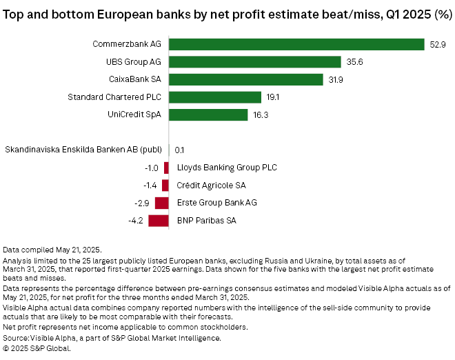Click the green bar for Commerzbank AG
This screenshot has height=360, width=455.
point(296,44)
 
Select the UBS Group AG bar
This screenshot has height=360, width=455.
point(255,62)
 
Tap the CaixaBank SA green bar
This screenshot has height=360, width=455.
point(246,79)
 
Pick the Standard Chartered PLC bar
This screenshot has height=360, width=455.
point(215,97)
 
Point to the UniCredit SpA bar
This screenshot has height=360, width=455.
point(208,114)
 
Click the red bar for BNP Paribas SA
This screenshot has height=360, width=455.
point(159,221)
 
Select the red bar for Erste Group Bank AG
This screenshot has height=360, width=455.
point(162,203)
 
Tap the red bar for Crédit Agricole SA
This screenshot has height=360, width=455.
point(165,186)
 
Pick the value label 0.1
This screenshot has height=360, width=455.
point(179,150)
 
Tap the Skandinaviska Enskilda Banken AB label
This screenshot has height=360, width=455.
point(84,150)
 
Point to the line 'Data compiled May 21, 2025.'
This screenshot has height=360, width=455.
point(52,248)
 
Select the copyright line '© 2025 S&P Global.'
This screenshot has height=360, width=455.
point(37,348)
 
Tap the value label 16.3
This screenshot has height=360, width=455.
point(261,115)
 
